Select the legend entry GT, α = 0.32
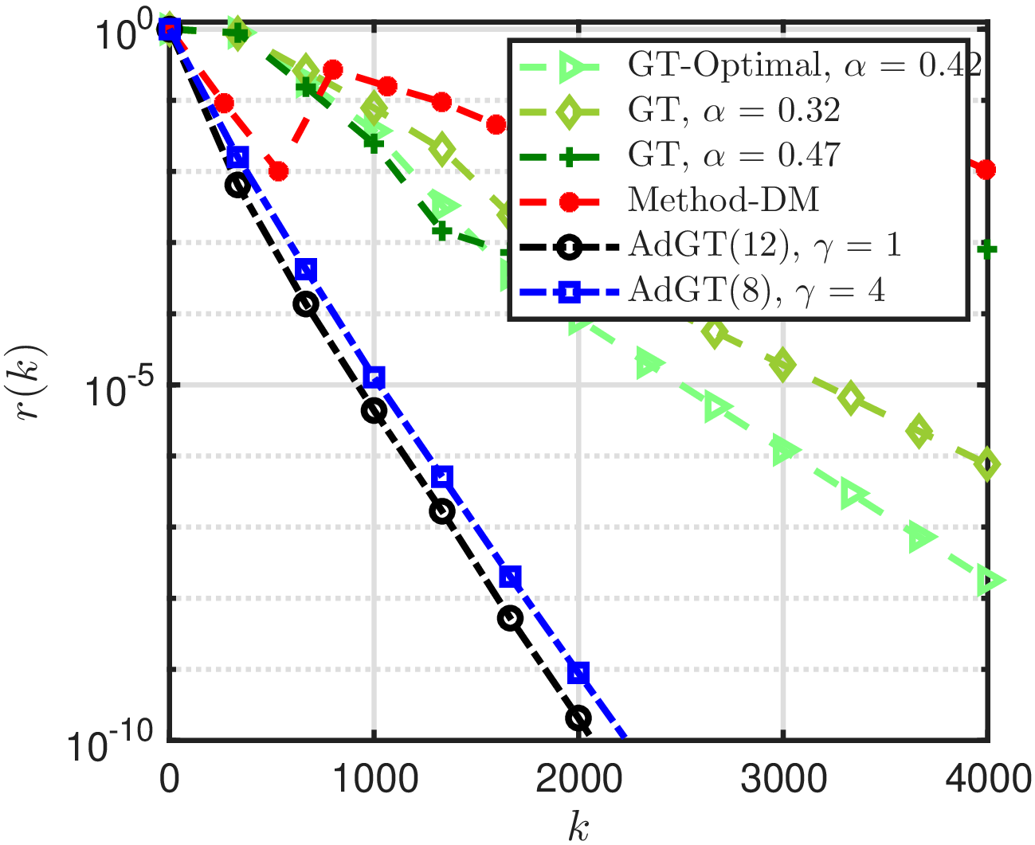[x=734, y=111]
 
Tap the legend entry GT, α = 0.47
[x=734, y=155]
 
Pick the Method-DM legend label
[x=723, y=200]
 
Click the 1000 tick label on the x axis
[x=374, y=778]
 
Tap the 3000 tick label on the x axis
[x=783, y=778]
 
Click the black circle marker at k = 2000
[x=578, y=718]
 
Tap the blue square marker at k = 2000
[x=579, y=673]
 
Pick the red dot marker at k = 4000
[x=986, y=170]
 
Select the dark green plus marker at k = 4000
[x=987, y=250]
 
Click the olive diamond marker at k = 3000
[x=783, y=366]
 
